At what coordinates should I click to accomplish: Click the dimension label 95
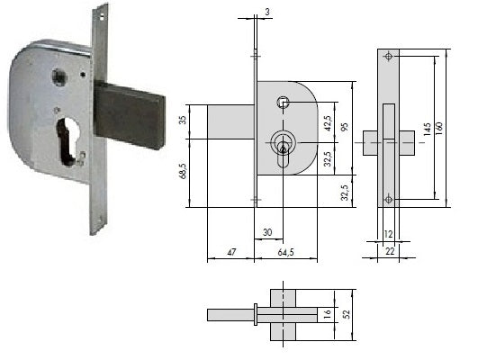click(345, 128)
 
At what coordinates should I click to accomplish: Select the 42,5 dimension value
click(328, 123)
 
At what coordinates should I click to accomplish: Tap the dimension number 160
click(439, 129)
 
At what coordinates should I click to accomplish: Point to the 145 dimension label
click(427, 129)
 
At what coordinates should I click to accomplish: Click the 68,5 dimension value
click(183, 170)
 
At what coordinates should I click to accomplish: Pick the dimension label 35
click(183, 120)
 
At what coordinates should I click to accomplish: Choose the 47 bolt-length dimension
click(231, 252)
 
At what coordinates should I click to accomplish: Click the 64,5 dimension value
click(285, 252)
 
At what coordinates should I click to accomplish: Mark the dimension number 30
click(267, 232)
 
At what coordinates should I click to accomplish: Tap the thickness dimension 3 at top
click(267, 12)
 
